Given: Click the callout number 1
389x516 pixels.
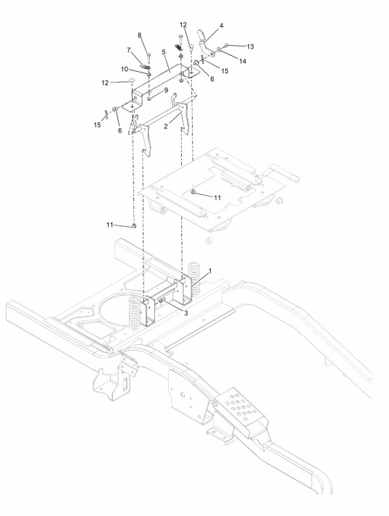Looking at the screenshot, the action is click(210, 271).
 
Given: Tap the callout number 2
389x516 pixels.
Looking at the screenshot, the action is click(166, 126).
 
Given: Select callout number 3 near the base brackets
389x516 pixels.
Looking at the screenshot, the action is click(185, 313).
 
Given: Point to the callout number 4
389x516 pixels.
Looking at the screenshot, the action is click(221, 25).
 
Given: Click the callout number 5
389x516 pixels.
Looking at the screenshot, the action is click(163, 52).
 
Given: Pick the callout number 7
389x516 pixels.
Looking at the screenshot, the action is click(129, 50).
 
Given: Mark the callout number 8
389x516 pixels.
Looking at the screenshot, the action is click(139, 36).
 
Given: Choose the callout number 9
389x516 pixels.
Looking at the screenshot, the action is click(166, 90).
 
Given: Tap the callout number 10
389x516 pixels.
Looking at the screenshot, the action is click(125, 69).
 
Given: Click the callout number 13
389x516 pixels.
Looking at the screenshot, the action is click(250, 46).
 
